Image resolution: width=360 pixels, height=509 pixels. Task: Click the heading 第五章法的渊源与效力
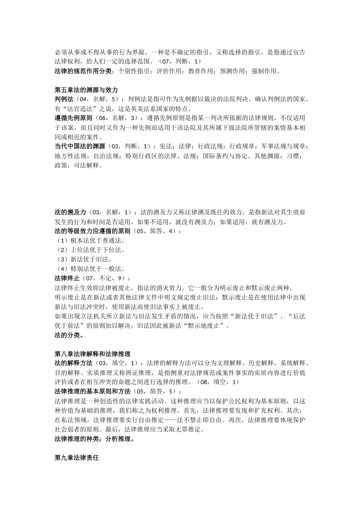pyautogui.click(x=86, y=90)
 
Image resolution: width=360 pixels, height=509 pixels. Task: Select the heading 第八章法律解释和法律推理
pyautogui.click(x=92, y=354)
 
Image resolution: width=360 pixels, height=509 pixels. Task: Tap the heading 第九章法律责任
pyautogui.click(x=77, y=458)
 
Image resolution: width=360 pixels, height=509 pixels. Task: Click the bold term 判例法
pyautogui.click(x=64, y=99)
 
